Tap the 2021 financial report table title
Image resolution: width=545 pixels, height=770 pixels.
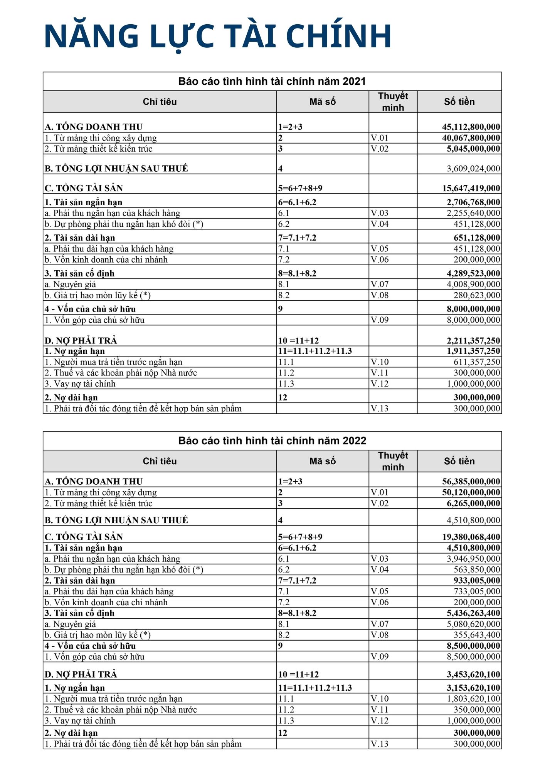(272, 81)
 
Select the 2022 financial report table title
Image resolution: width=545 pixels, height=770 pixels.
(272, 440)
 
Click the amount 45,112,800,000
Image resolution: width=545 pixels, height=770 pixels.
(471, 127)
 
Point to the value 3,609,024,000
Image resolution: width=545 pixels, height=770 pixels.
(473, 168)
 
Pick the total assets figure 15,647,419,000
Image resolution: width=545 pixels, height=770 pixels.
(471, 188)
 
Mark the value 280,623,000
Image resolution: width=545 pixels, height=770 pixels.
(477, 295)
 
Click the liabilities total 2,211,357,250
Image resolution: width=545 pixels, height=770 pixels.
(473, 341)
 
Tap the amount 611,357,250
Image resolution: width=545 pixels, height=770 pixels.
(477, 362)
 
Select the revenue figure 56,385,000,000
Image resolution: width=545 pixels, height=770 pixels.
(471, 481)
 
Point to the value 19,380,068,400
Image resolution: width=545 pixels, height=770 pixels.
(471, 537)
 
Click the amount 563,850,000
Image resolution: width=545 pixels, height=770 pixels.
(477, 569)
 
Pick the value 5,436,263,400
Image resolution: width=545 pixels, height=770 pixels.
(473, 613)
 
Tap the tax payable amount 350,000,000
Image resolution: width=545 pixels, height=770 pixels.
(477, 710)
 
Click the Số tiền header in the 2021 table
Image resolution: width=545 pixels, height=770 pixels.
(459, 102)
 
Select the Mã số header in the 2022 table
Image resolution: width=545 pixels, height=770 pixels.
(322, 461)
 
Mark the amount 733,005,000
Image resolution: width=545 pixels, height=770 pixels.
(477, 591)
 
